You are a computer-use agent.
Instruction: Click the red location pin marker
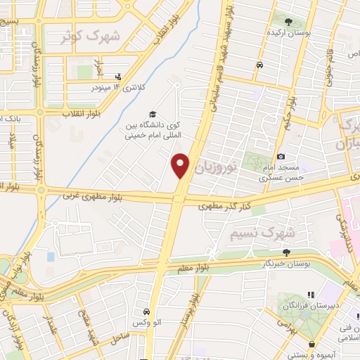click(x=181, y=165)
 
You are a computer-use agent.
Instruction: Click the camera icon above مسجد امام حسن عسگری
click(x=281, y=156)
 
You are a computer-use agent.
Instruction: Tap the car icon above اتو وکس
click(x=146, y=311)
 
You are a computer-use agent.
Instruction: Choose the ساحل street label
click(x=119, y=338)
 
